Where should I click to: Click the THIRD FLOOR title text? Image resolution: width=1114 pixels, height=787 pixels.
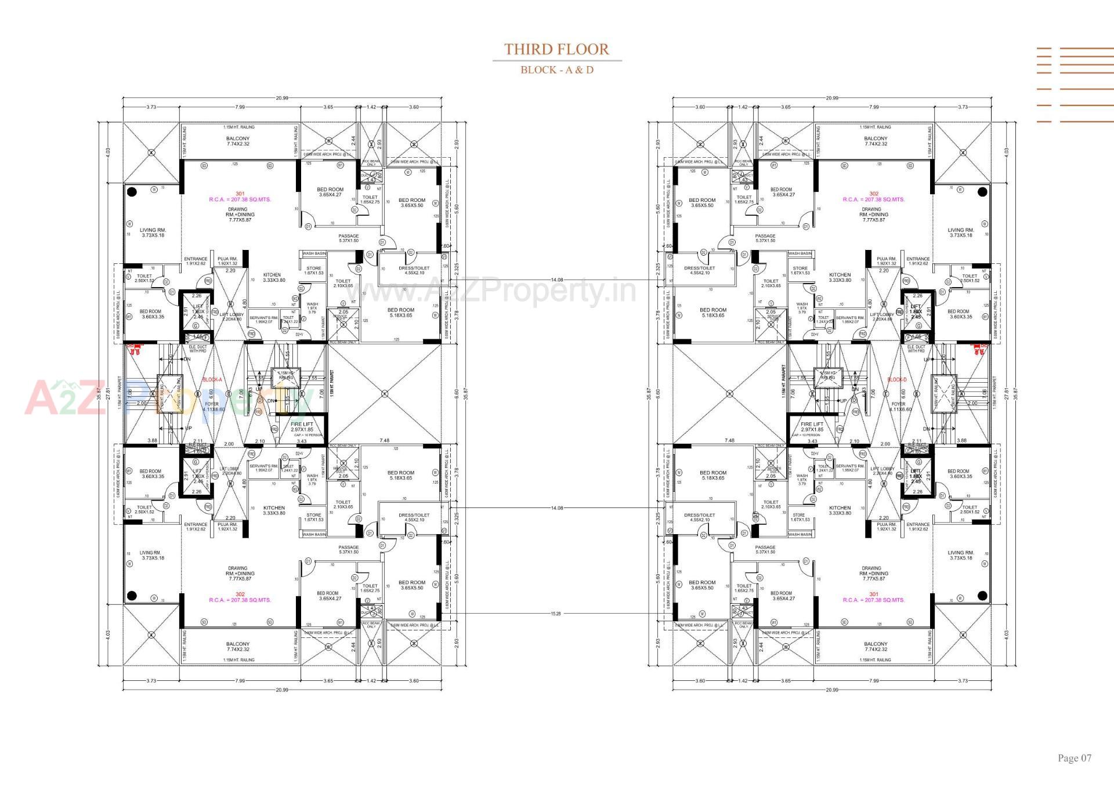[556, 49]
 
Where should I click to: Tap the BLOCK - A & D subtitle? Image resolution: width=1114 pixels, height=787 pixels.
[556, 70]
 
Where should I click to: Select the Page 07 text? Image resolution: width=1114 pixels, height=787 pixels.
[1074, 757]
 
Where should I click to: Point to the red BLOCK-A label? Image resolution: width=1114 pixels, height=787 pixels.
[212, 380]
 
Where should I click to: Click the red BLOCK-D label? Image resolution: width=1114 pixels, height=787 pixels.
[897, 380]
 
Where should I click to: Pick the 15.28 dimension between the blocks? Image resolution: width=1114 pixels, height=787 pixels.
[556, 613]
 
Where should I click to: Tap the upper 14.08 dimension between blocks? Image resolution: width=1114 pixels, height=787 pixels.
[556, 280]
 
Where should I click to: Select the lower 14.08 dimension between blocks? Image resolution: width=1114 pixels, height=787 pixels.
[556, 508]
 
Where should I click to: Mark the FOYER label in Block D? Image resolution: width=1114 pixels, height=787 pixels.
[898, 404]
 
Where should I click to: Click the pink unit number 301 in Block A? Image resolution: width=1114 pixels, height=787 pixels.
[240, 194]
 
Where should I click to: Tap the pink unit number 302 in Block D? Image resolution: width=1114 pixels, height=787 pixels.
[874, 194]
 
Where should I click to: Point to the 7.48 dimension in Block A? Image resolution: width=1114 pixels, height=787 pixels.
[384, 441]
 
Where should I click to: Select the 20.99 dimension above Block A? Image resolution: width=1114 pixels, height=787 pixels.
[282, 98]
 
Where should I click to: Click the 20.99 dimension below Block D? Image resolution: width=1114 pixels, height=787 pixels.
[831, 690]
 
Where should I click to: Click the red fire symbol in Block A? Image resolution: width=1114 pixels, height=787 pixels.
[135, 349]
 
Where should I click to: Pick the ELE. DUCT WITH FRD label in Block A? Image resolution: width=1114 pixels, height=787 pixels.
[198, 349]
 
